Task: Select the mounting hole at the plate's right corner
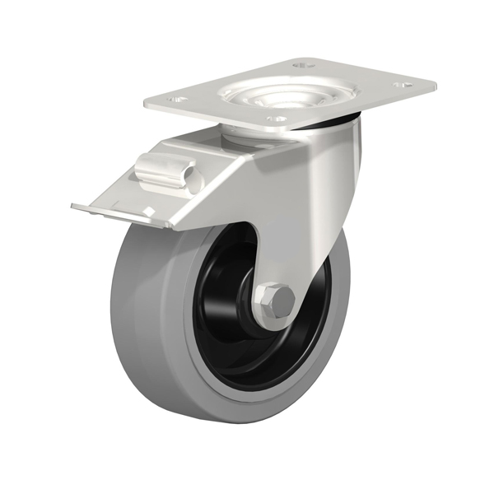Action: pyautogui.click(x=403, y=84)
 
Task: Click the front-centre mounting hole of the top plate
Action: pyautogui.click(x=278, y=119)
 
